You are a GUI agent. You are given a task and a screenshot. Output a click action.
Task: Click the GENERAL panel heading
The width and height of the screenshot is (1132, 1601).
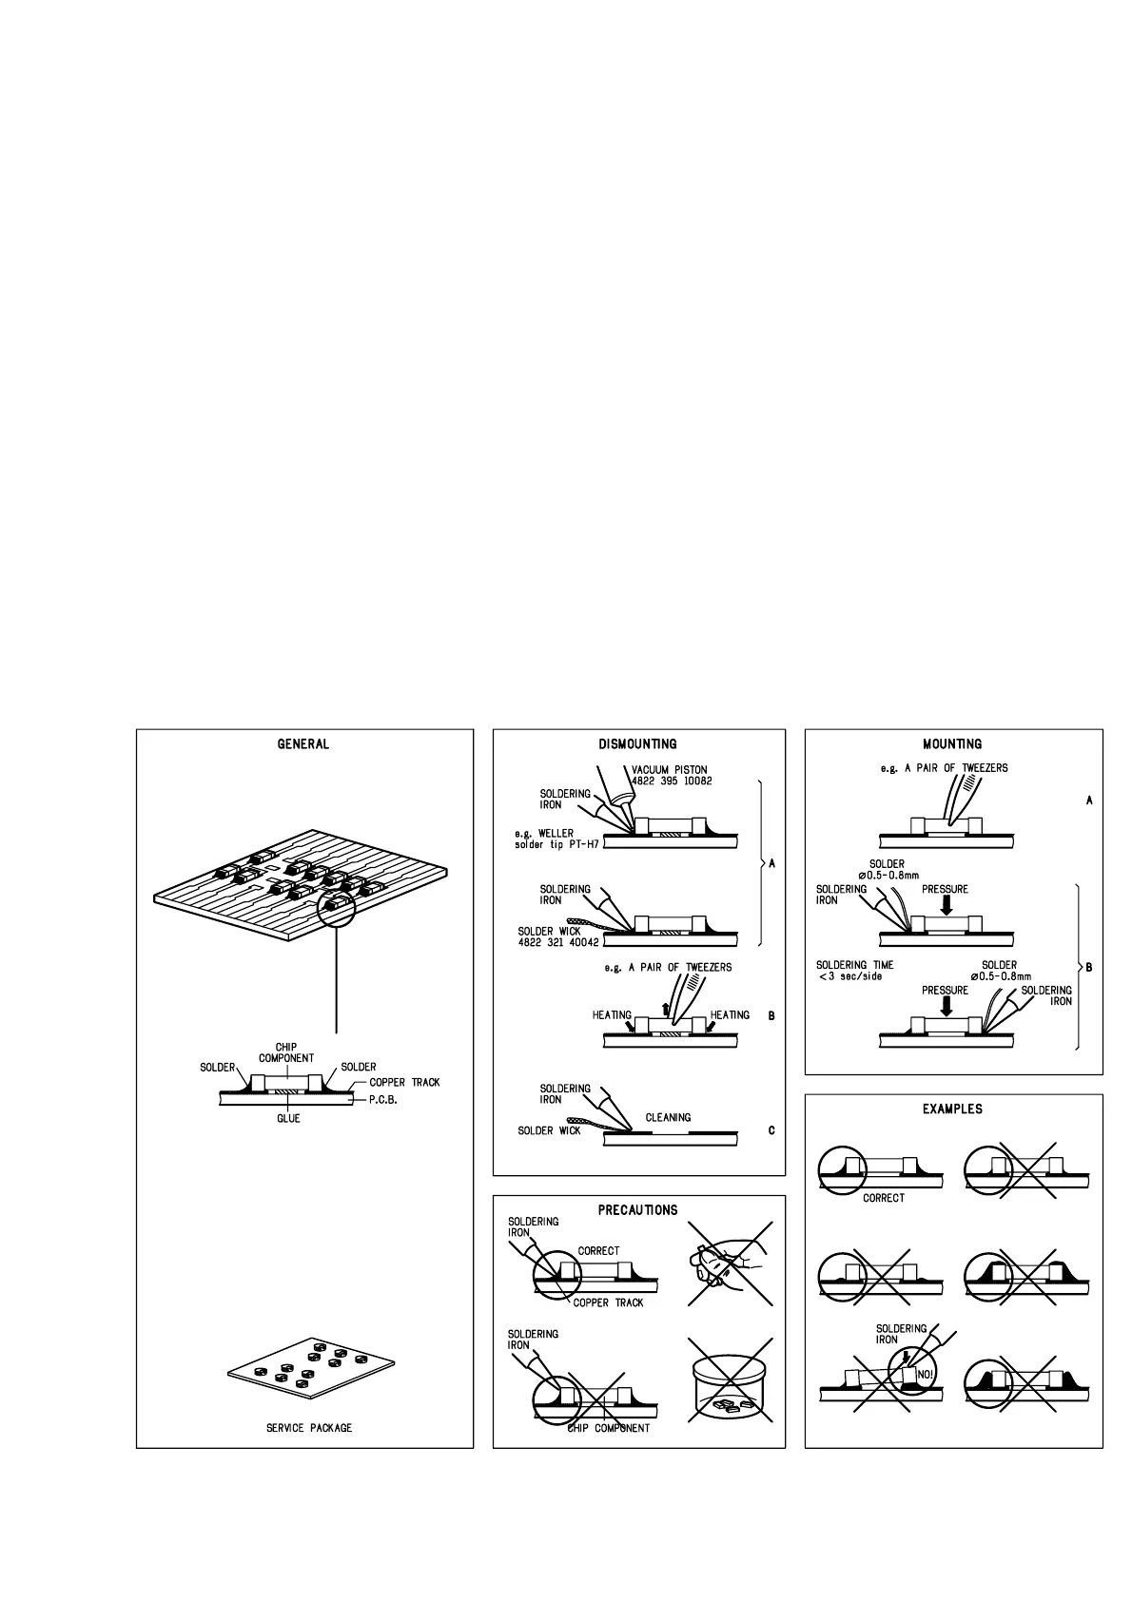(x=303, y=744)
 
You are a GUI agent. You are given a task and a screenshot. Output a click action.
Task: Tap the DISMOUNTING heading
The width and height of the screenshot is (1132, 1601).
(x=637, y=744)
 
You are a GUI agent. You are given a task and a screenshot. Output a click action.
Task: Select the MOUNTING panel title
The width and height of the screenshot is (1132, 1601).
(x=952, y=744)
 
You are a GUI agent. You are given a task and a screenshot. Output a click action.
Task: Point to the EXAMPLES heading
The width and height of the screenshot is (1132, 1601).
(x=952, y=1109)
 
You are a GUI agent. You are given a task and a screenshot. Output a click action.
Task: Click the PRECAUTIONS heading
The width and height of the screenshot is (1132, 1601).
(x=637, y=1210)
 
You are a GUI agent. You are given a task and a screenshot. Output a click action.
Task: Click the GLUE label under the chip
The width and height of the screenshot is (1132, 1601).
(x=288, y=1119)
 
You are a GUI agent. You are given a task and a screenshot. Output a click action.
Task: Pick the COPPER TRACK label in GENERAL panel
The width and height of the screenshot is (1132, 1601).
(x=404, y=1083)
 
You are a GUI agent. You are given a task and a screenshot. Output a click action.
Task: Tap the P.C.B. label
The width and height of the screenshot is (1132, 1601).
(x=383, y=1100)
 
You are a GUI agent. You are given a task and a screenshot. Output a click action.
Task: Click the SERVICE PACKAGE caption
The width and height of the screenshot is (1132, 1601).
(x=309, y=1428)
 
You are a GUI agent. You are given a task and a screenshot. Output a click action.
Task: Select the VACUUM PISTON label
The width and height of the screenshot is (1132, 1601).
(x=670, y=770)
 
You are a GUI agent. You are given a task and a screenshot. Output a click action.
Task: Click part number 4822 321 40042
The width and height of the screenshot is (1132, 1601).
(x=558, y=943)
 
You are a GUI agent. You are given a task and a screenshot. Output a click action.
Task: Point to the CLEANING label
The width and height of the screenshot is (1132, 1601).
(x=668, y=1118)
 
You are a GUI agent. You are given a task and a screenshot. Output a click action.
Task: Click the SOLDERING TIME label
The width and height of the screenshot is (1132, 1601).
(x=855, y=965)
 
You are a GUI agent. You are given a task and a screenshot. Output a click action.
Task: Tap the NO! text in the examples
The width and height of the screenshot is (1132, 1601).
(x=925, y=1375)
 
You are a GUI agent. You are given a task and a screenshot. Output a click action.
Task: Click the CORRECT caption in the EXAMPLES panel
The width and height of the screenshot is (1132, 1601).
(x=884, y=1198)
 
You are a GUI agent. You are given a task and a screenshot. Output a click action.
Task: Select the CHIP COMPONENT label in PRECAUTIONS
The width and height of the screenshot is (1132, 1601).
(x=609, y=1428)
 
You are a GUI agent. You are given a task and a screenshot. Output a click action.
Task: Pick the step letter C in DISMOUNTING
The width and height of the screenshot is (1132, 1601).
(x=771, y=1130)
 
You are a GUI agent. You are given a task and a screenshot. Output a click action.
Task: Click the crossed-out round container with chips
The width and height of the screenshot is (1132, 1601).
(x=730, y=1383)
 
